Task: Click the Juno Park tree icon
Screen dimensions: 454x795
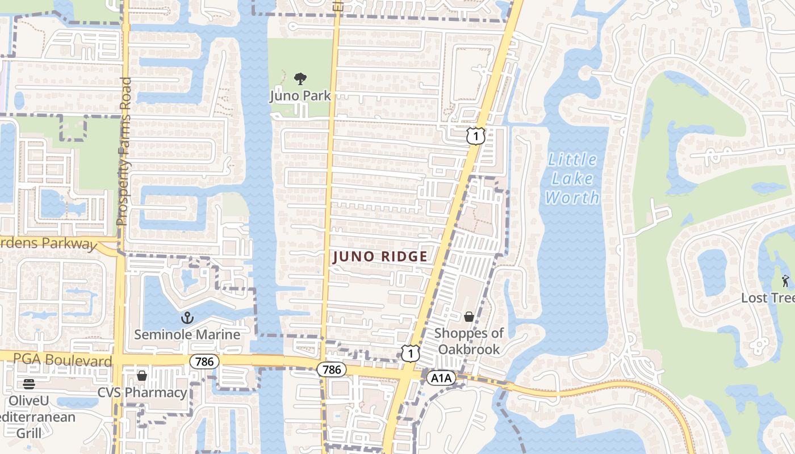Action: (x=300, y=79)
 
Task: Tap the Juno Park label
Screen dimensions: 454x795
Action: (x=300, y=95)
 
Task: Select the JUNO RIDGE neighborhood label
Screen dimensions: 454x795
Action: (x=380, y=257)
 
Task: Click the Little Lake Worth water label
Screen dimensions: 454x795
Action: (x=572, y=179)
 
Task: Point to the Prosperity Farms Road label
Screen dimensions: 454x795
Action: (x=123, y=152)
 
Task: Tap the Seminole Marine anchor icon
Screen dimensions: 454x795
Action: (x=187, y=318)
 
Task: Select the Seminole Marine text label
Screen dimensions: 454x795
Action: (x=187, y=334)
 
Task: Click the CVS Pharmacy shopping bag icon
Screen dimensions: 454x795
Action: (x=142, y=376)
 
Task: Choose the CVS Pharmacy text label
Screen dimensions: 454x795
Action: (x=142, y=393)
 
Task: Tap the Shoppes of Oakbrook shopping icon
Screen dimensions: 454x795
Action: (x=469, y=317)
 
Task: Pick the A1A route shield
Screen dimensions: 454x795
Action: (x=441, y=377)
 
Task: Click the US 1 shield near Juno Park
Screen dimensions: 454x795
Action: (x=476, y=136)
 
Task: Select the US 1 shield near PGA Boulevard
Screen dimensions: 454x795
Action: (x=410, y=353)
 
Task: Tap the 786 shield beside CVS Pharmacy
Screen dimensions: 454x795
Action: (x=204, y=361)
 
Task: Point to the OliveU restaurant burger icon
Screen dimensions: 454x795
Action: (x=29, y=384)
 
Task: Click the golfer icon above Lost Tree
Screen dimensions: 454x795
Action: (x=786, y=280)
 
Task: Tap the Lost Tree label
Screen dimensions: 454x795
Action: (x=768, y=297)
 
